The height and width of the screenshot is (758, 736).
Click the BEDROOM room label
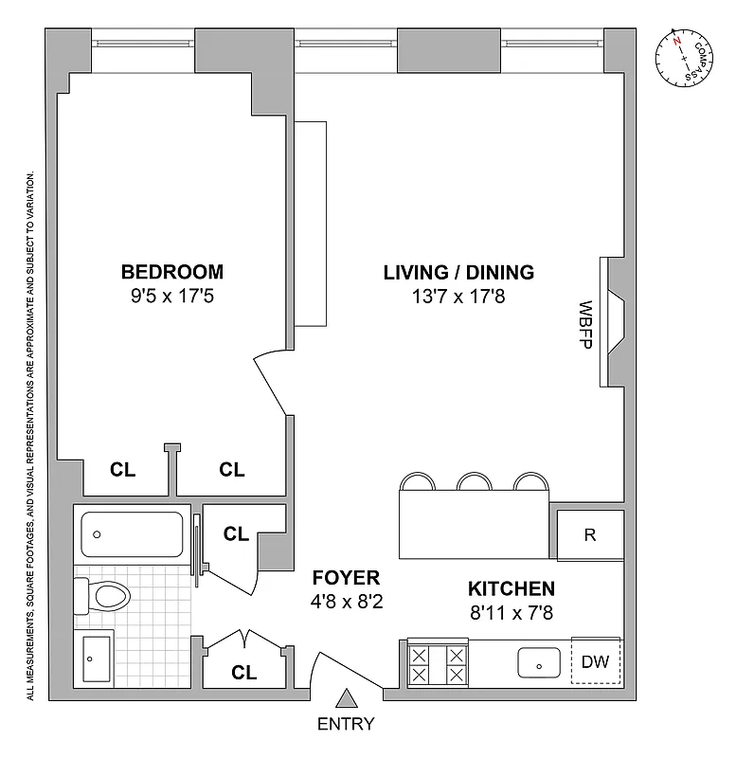[x=172, y=272]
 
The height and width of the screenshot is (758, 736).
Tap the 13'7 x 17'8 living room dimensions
[x=458, y=296]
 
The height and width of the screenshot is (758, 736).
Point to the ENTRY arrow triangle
[x=347, y=699]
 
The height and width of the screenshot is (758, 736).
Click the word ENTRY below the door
[x=347, y=725]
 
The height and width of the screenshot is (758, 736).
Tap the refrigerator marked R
[x=589, y=534]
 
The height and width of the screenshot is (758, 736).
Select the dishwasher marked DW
[x=594, y=662]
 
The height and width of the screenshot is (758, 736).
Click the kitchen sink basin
[x=538, y=663]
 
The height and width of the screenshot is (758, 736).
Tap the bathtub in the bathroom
[x=133, y=535]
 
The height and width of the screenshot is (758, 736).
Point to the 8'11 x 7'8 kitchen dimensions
[x=510, y=612]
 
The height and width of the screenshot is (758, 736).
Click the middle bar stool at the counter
[x=474, y=482]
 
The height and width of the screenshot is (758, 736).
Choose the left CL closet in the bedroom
[x=122, y=469]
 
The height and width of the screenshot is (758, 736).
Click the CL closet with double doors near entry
[x=244, y=673]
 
